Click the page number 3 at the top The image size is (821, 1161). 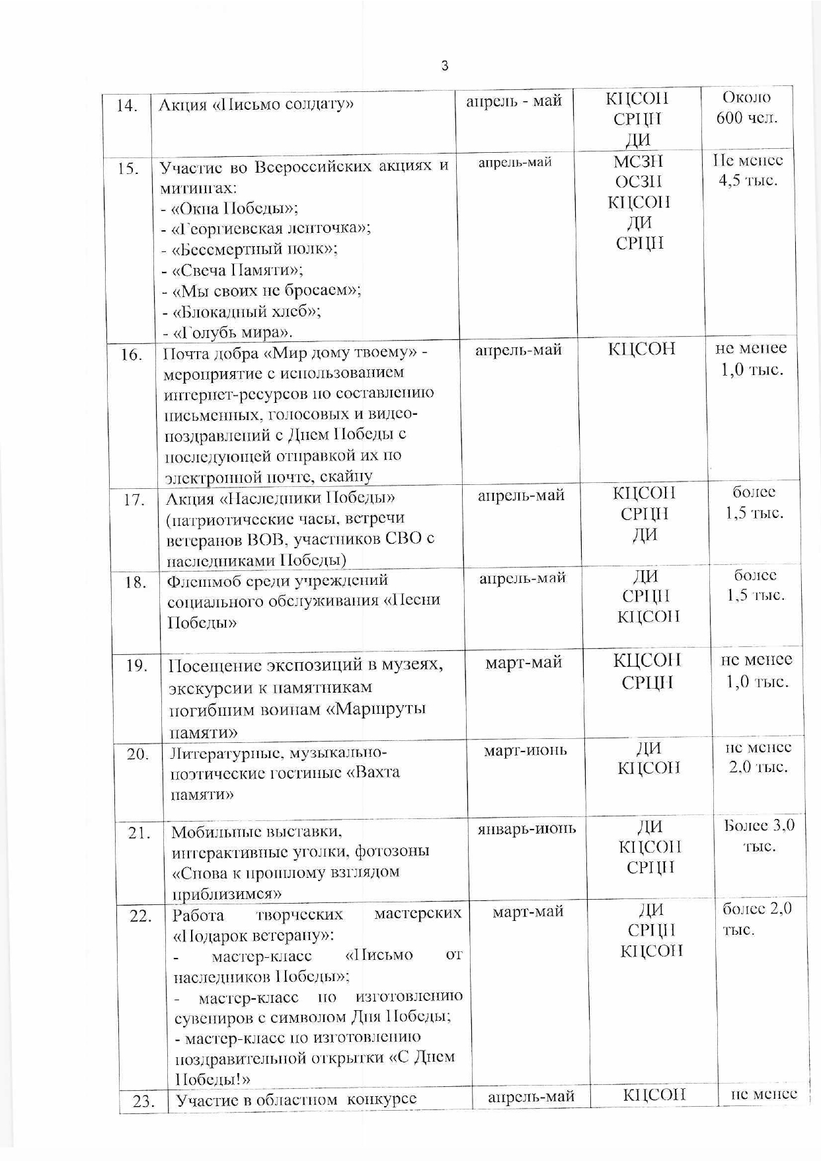tap(444, 66)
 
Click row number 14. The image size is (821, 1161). tap(127, 106)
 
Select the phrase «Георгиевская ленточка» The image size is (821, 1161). tap(270, 229)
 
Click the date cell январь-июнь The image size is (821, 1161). tap(527, 828)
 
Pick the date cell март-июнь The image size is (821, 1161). tap(526, 751)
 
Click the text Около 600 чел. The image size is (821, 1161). tap(747, 108)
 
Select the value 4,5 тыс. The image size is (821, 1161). tap(748, 181)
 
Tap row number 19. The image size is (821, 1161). tap(136, 666)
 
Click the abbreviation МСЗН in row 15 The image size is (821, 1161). tap(638, 161)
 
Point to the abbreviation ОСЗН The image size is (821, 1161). tap(638, 182)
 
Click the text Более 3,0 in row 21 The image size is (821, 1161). tap(759, 826)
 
